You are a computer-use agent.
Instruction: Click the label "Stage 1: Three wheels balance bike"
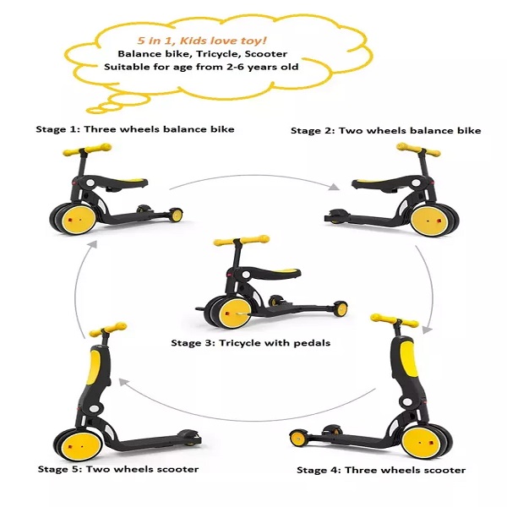(x=134, y=129)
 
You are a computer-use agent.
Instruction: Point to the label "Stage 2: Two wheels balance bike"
(x=385, y=130)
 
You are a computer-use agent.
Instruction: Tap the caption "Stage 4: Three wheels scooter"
(x=381, y=470)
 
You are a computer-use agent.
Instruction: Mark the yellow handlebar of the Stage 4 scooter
(x=395, y=320)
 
